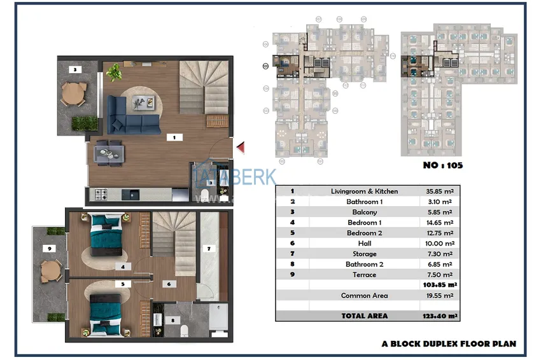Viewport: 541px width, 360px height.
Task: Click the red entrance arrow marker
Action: [241, 148]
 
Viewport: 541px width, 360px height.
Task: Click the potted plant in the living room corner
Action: [115, 73]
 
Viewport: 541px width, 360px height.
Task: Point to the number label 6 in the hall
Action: [169, 284]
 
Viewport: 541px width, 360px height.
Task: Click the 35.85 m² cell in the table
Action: [439, 191]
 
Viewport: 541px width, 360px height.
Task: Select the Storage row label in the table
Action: [364, 254]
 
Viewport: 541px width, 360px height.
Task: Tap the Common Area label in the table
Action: [364, 296]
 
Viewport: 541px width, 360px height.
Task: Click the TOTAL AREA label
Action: [364, 315]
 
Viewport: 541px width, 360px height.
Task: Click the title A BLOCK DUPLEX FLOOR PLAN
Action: [449, 343]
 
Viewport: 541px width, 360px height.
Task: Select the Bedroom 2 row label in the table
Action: [364, 233]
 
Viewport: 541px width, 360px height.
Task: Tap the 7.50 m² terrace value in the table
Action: [439, 275]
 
